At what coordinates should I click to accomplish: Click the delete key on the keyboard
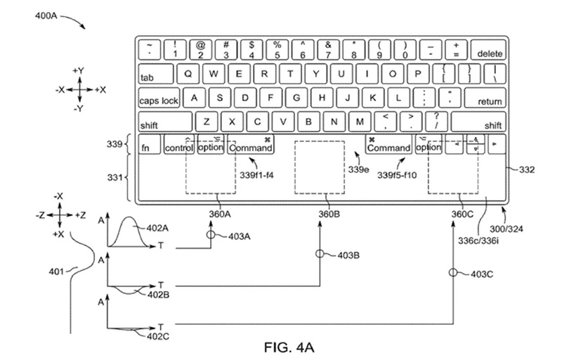490,51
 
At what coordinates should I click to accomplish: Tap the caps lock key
159,100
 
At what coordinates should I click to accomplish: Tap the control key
179,148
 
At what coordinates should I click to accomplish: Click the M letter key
360,122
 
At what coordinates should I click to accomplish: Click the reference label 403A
240,237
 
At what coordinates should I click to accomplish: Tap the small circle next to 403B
320,255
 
